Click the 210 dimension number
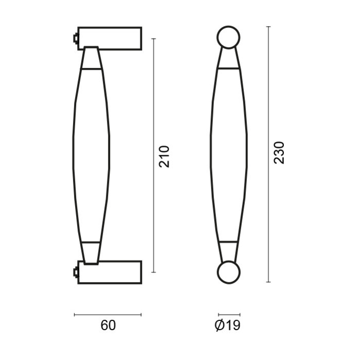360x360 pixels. tap(164, 156)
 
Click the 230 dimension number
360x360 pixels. tap(279, 153)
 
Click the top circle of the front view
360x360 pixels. tap(228, 37)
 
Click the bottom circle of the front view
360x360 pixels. tap(228, 273)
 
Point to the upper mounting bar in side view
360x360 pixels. tap(110, 38)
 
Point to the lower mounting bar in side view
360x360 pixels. tap(110, 271)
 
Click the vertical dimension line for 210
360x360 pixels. tap(154, 103)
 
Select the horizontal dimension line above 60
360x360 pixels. tap(107, 314)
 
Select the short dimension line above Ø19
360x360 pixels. tap(228, 314)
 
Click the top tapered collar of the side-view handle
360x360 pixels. tap(91, 58)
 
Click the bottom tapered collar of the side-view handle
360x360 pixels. tap(91, 253)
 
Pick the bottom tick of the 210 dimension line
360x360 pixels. tap(154, 272)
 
